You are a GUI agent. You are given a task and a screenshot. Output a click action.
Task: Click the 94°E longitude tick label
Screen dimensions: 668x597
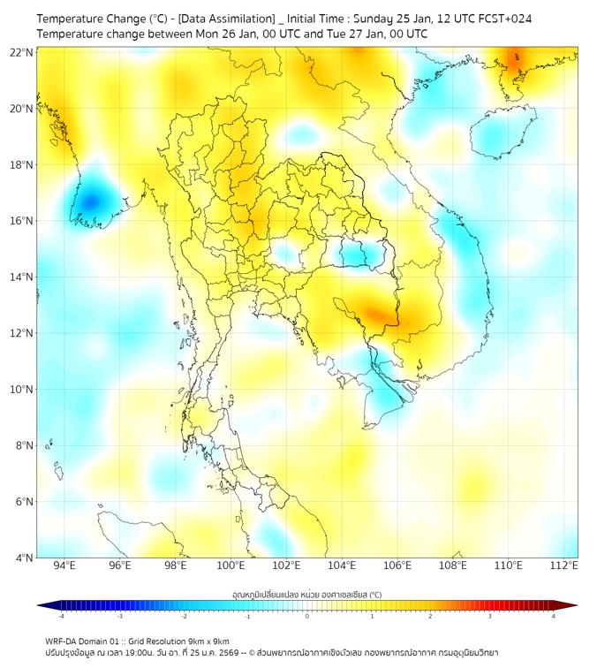(64, 566)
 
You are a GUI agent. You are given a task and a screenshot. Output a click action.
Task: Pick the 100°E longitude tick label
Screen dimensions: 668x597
(230, 566)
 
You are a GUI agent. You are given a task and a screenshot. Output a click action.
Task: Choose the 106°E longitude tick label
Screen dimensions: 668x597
(397, 566)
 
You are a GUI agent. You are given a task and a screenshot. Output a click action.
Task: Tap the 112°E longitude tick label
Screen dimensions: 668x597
(563, 566)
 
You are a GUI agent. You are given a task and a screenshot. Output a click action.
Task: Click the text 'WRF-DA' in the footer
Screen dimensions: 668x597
(62, 641)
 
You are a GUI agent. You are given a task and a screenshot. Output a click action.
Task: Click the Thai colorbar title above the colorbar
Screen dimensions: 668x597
(306, 594)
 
